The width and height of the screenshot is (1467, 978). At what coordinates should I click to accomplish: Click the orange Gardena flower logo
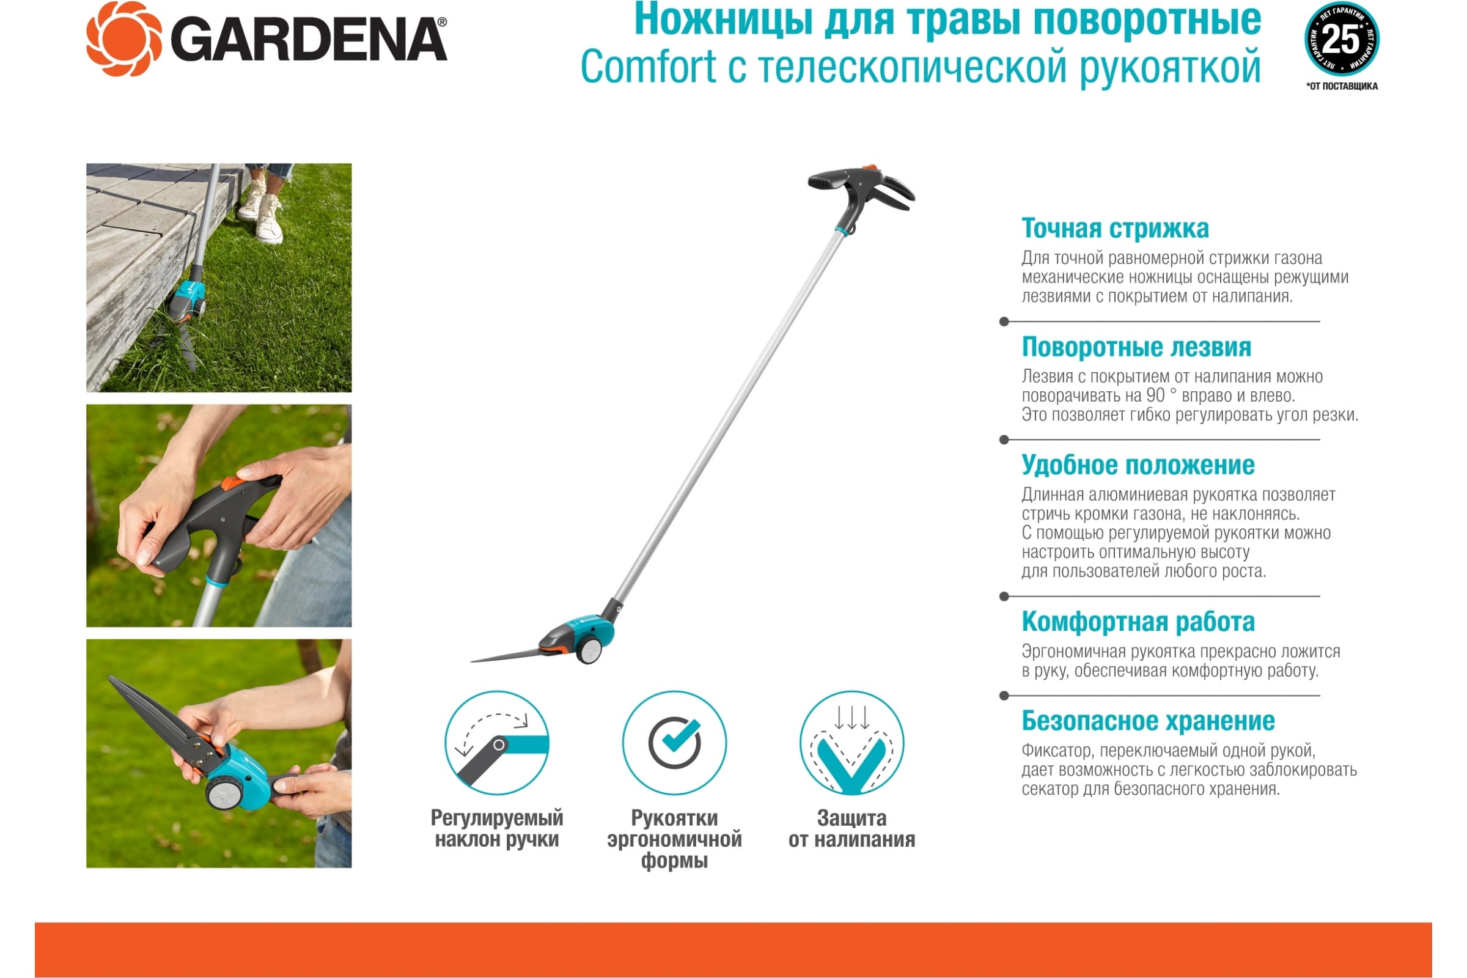pyautogui.click(x=124, y=39)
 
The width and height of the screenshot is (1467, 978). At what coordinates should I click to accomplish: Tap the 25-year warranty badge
pyautogui.click(x=1342, y=39)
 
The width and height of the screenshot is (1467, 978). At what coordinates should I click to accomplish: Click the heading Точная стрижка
pyautogui.click(x=1114, y=228)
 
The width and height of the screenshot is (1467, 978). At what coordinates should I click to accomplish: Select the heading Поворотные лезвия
pyautogui.click(x=1136, y=347)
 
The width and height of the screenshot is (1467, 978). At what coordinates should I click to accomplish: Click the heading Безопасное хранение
pyautogui.click(x=1148, y=721)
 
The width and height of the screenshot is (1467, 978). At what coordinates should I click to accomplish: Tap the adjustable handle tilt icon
pyautogui.click(x=496, y=742)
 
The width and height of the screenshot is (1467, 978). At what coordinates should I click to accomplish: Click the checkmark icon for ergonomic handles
pyautogui.click(x=674, y=742)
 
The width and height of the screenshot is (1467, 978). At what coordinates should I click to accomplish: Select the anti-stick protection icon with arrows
pyautogui.click(x=851, y=742)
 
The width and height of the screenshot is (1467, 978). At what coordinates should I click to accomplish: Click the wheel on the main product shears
pyautogui.click(x=588, y=650)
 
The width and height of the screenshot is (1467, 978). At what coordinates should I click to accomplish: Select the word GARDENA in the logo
pyautogui.click(x=309, y=39)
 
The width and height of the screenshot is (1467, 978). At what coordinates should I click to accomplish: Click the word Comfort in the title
pyautogui.click(x=649, y=67)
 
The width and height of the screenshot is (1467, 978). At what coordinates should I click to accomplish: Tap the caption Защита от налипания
pyautogui.click(x=851, y=828)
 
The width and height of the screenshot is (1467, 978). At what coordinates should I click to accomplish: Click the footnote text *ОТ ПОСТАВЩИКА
pyautogui.click(x=1342, y=86)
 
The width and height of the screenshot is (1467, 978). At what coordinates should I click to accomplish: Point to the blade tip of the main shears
pyautogui.click(x=472, y=661)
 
